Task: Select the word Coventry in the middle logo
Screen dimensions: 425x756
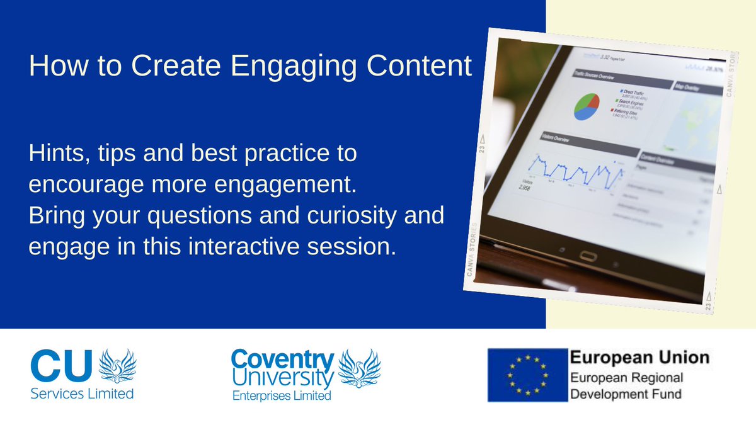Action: [282, 360]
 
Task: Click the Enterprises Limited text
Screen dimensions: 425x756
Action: [282, 396]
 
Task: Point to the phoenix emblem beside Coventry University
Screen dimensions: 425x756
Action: [360, 369]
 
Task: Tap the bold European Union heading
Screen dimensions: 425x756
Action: [639, 358]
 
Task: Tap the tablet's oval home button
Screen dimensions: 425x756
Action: [588, 256]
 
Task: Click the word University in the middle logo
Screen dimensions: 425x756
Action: [282, 378]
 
